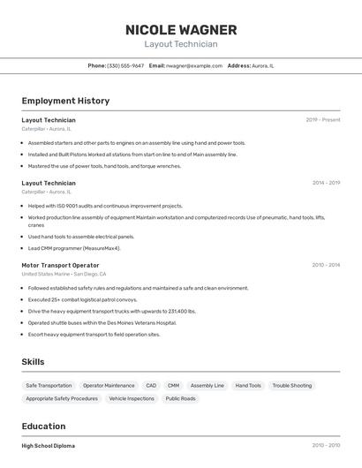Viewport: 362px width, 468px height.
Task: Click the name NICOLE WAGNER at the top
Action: pyautogui.click(x=180, y=29)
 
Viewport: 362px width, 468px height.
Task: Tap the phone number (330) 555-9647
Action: pyautogui.click(x=125, y=65)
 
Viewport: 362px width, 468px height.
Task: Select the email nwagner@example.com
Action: pyautogui.click(x=193, y=65)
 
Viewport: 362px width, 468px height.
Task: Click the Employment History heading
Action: pyautogui.click(x=65, y=101)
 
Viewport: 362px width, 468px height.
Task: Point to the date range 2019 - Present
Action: pyautogui.click(x=322, y=119)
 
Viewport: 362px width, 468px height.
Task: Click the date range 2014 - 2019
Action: pyautogui.click(x=326, y=183)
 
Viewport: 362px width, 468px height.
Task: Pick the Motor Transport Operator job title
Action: pyautogui.click(x=60, y=265)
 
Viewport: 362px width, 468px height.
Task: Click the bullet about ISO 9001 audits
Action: pyautogui.click(x=105, y=206)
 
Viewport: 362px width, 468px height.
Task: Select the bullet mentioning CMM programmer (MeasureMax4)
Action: pyautogui.click(x=74, y=248)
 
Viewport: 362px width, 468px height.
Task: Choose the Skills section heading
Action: pyautogui.click(x=33, y=362)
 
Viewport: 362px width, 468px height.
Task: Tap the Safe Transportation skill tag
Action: pyautogui.click(x=49, y=386)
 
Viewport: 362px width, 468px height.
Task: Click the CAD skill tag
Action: pyautogui.click(x=151, y=386)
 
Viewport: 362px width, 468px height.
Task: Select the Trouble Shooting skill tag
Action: pyautogui.click(x=291, y=386)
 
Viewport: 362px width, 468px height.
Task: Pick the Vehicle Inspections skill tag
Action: pyautogui.click(x=132, y=398)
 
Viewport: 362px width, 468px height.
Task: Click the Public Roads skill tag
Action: pyautogui.click(x=180, y=398)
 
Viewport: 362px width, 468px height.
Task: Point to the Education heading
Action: pyautogui.click(x=43, y=426)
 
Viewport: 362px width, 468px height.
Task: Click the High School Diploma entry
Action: pyautogui.click(x=49, y=446)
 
